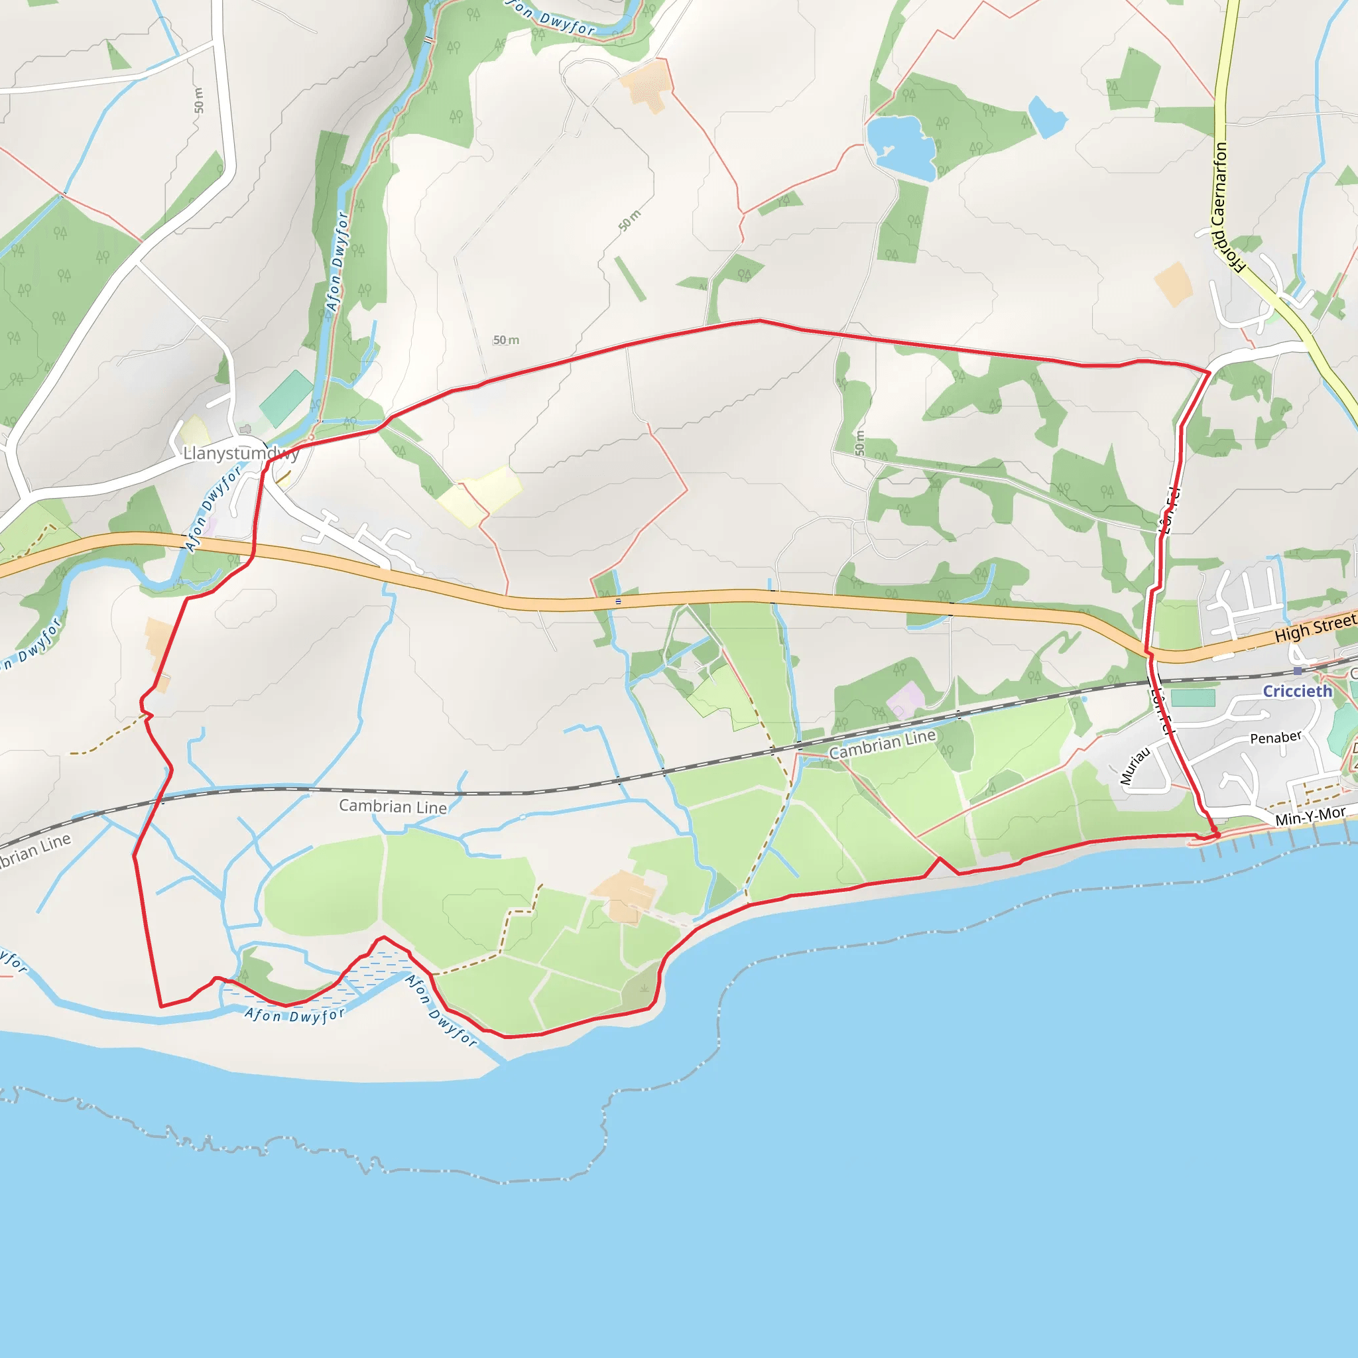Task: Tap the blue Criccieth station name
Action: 1297,692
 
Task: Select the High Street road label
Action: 1314,628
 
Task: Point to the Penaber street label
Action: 1276,737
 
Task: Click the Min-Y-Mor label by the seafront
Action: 1310,816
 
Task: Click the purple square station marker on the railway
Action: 1298,671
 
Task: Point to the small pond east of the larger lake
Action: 1047,116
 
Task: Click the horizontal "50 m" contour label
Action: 505,340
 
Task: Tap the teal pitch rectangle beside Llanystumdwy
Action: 286,398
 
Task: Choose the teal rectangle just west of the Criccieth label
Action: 1193,698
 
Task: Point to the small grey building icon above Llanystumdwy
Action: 245,429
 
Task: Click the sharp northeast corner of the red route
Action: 1209,372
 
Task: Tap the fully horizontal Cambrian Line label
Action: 393,806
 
